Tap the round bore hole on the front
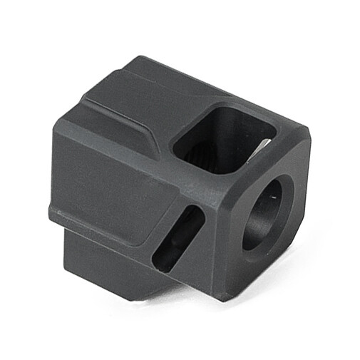point(267,211)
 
